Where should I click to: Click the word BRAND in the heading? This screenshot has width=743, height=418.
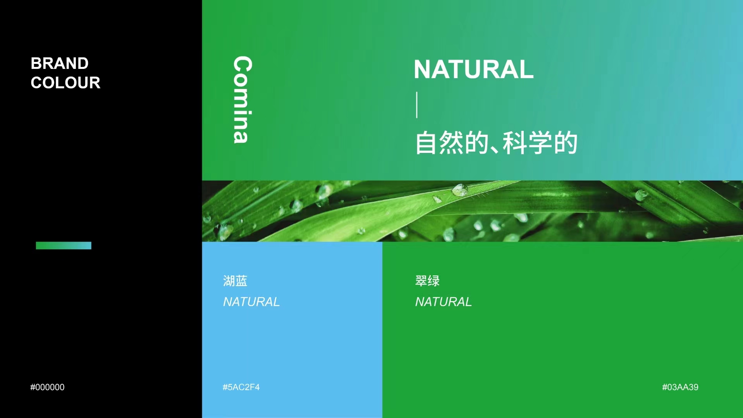(x=60, y=63)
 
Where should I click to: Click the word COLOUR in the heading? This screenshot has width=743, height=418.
(x=65, y=83)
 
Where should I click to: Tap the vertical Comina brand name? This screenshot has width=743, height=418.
(x=243, y=100)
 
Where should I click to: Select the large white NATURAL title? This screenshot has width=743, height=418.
(x=473, y=69)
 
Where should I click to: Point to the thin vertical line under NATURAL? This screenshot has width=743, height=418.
(x=417, y=104)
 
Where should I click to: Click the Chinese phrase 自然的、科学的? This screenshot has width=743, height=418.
(x=496, y=143)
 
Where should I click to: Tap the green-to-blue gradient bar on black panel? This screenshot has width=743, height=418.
(x=64, y=245)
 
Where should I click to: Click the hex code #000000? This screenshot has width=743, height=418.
(x=47, y=387)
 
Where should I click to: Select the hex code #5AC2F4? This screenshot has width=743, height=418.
(x=241, y=387)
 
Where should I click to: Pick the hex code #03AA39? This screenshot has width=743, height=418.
(x=680, y=387)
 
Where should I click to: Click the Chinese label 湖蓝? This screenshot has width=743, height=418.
(x=235, y=281)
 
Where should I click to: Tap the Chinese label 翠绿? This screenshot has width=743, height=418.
(x=427, y=281)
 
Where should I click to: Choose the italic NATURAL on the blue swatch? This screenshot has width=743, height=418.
(x=251, y=302)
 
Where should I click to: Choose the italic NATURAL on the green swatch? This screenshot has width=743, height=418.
(x=444, y=302)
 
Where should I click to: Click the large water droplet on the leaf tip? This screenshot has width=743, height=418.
(x=460, y=190)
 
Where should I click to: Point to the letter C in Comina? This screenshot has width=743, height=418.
(x=243, y=65)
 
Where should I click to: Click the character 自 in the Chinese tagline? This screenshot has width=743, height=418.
(x=426, y=143)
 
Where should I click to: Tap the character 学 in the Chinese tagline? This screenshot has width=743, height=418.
(x=540, y=143)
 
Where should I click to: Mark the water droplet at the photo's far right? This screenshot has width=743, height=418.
(x=640, y=195)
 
